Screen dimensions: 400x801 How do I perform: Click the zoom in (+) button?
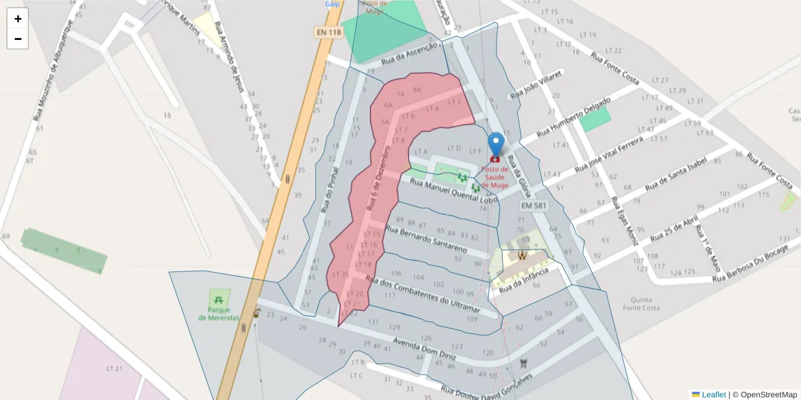pos(18,19)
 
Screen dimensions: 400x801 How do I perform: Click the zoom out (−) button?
pos(18,39)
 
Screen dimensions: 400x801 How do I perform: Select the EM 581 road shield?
pos(533,207)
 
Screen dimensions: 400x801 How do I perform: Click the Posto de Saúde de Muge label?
pos(495,177)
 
